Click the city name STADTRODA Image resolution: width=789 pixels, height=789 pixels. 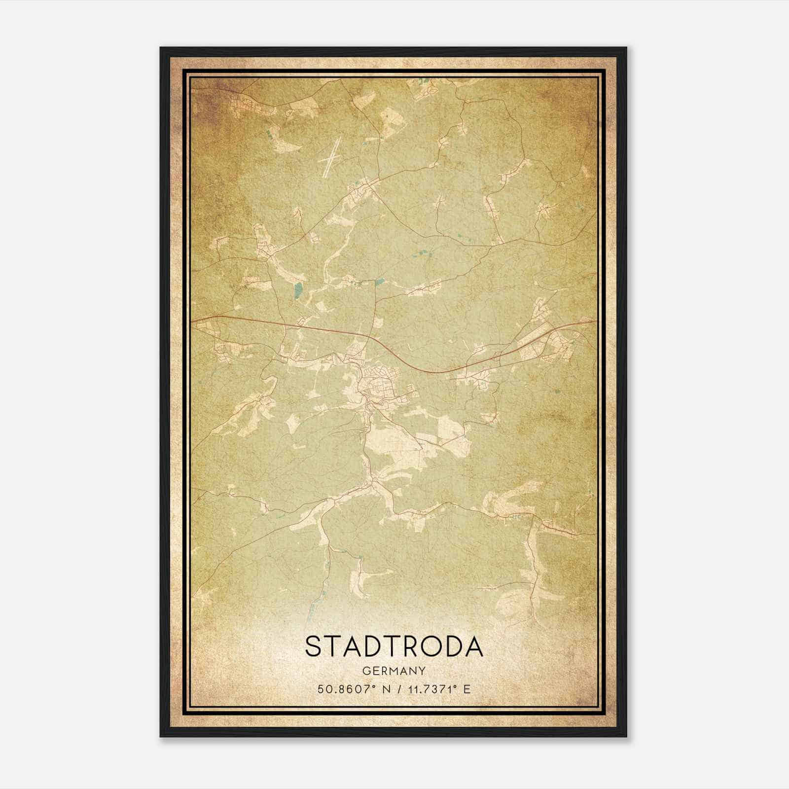(x=394, y=646)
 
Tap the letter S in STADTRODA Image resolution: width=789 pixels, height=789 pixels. (x=314, y=646)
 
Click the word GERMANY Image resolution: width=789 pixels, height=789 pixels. (x=394, y=671)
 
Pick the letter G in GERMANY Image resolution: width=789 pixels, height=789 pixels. (x=366, y=671)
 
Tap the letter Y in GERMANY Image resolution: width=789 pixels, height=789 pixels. (x=422, y=671)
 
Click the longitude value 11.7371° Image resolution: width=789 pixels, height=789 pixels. (x=432, y=689)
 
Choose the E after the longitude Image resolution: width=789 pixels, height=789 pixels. (x=467, y=689)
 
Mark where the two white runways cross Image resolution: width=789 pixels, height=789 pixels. (x=331, y=159)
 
